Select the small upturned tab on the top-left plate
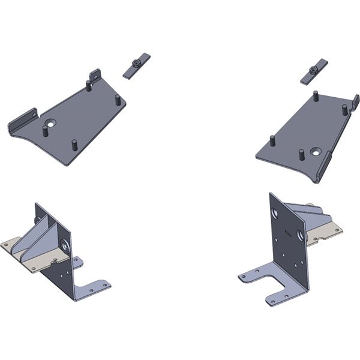(95, 75)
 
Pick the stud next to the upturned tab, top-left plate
(88, 85)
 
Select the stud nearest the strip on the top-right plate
(315, 95)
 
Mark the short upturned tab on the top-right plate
(355, 101)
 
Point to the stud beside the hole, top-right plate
(301, 155)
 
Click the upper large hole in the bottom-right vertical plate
(275, 214)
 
